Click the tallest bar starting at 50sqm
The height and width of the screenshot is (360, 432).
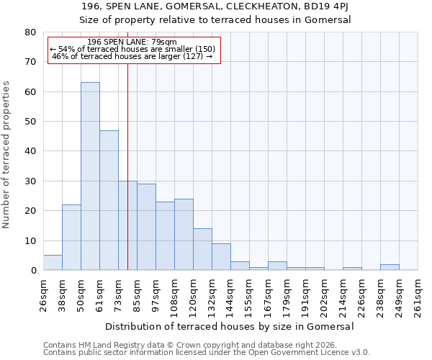click(x=90, y=176)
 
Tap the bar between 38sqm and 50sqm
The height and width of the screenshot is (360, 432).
click(x=71, y=238)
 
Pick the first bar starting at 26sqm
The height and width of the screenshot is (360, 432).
click(x=53, y=263)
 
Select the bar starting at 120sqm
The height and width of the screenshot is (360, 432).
click(x=202, y=249)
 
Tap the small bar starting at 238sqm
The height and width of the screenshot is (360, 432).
click(x=390, y=267)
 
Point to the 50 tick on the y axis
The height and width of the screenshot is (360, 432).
click(x=30, y=122)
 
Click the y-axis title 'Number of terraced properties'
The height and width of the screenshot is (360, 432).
click(x=6, y=155)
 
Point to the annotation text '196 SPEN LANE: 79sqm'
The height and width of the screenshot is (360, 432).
click(x=132, y=42)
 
